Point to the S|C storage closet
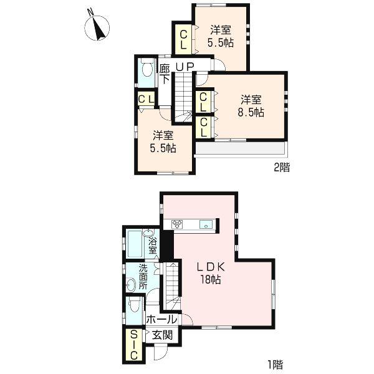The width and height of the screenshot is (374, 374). coord(133,345)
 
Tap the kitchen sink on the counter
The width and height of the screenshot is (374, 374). coord(206,224)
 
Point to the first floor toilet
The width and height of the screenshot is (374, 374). coord(133,306)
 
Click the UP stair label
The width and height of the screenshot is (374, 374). coord(185,67)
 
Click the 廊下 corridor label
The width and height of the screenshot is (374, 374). coord(165,74)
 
